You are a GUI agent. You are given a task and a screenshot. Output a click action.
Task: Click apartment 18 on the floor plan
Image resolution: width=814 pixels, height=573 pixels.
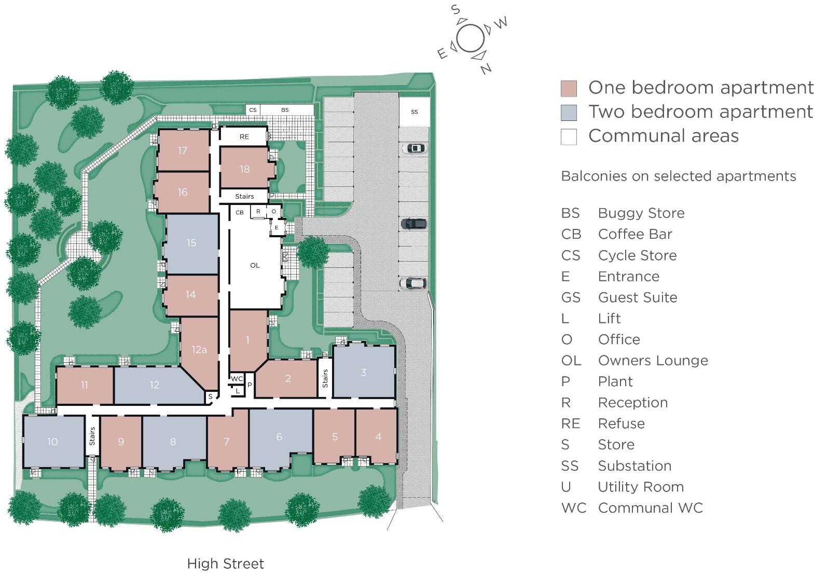[x=245, y=169]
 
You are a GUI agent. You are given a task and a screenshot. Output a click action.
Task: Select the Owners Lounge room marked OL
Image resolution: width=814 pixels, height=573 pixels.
[x=255, y=265]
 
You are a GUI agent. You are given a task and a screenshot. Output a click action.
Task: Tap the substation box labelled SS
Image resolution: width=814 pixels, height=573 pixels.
[x=414, y=112]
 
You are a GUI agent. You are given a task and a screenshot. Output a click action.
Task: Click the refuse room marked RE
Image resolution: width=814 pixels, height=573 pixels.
[x=244, y=137]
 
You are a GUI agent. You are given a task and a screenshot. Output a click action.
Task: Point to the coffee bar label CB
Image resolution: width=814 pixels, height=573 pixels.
[x=240, y=212]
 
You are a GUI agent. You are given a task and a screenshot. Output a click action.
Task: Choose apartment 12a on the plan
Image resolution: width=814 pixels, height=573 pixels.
[x=199, y=349]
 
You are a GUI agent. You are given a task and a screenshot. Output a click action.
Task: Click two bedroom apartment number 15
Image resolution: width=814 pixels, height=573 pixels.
[x=191, y=243]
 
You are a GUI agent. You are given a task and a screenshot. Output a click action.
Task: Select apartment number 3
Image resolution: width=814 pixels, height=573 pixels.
[x=364, y=372]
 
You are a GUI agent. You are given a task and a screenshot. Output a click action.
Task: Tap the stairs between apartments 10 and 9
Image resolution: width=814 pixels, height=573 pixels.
[x=92, y=436]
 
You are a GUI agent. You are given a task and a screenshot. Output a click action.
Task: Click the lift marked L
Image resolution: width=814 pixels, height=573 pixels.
[x=237, y=390]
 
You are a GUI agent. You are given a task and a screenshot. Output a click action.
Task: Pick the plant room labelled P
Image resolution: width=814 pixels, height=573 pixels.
[x=250, y=385]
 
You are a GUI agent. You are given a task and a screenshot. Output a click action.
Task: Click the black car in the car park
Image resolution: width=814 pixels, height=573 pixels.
[x=413, y=224]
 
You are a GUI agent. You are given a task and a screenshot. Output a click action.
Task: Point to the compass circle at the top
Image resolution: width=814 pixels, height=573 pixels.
[x=471, y=39]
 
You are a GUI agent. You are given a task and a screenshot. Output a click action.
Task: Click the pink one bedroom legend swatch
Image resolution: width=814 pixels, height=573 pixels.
[x=569, y=89]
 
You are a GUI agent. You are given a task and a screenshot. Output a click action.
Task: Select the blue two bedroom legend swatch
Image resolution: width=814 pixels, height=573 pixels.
[x=569, y=113]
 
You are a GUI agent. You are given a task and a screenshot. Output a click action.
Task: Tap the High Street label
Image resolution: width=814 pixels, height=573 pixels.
[x=225, y=564]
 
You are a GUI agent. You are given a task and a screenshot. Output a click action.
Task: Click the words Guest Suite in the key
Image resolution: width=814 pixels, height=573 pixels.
[x=637, y=297]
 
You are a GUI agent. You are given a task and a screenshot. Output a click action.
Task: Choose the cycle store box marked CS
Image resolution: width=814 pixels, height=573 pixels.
[x=253, y=110]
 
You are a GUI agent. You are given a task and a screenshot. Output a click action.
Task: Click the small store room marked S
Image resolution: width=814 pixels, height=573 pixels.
[x=211, y=397]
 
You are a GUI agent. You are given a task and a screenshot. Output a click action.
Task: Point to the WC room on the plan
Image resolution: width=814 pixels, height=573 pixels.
[x=237, y=378]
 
